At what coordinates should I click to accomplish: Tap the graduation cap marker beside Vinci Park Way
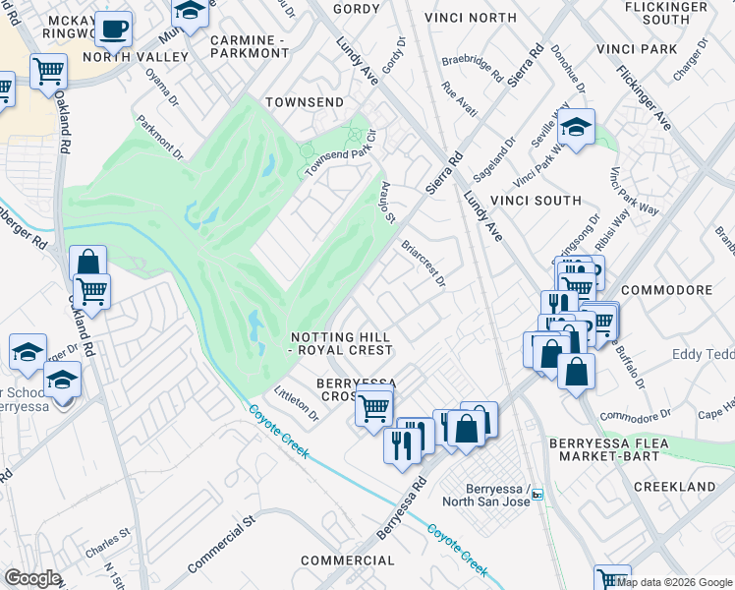(577, 127)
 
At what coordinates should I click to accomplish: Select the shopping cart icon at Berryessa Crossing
(373, 405)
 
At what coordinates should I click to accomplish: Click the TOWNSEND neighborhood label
(305, 102)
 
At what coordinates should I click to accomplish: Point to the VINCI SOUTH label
(544, 201)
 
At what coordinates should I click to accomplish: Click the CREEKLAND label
(674, 487)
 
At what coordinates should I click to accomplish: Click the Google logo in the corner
(32, 577)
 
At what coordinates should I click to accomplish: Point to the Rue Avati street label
(460, 100)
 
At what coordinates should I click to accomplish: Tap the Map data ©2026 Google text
(674, 582)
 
